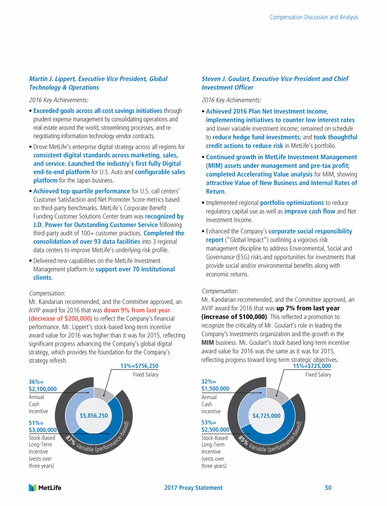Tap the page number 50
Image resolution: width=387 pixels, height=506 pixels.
click(328, 487)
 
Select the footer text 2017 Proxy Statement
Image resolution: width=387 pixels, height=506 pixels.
click(193, 487)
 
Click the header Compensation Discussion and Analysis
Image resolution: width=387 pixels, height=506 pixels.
click(314, 17)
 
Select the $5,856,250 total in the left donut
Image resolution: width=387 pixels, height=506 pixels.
click(94, 416)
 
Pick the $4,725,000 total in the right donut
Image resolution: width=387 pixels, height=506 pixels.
click(266, 416)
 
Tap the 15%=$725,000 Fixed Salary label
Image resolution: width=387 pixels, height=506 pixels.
click(312, 366)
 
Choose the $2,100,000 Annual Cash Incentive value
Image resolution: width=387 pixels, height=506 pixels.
click(43, 389)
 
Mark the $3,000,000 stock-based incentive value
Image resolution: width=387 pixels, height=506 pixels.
click(43, 430)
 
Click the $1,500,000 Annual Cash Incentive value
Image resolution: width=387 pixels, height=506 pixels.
click(215, 389)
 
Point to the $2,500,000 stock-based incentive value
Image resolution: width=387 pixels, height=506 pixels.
click(215, 430)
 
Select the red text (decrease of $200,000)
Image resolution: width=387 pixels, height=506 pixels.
click(60, 319)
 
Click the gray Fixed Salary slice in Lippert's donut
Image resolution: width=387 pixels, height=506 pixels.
click(103, 395)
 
